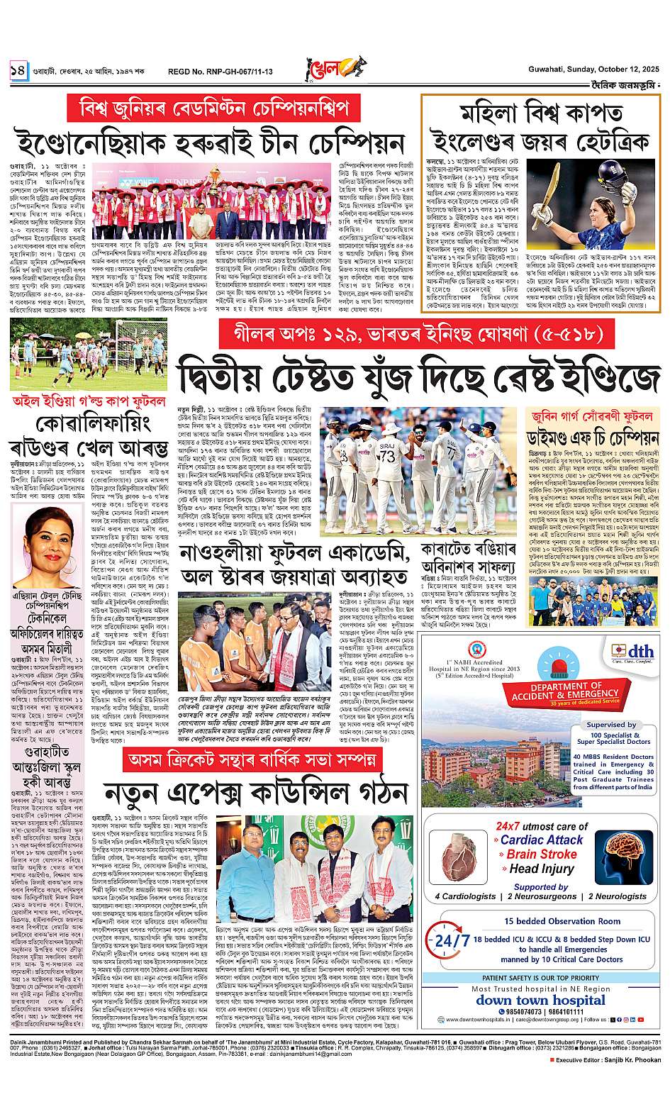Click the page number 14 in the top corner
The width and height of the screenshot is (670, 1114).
[18, 71]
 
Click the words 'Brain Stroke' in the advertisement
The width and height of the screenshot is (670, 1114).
[541, 854]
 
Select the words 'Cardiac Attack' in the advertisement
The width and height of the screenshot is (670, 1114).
[541, 840]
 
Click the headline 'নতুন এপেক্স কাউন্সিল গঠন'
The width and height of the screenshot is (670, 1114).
[252, 793]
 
